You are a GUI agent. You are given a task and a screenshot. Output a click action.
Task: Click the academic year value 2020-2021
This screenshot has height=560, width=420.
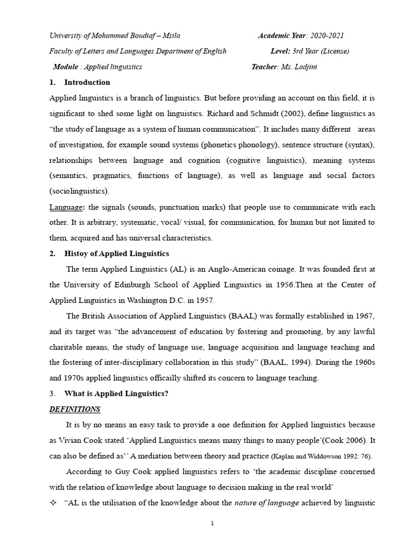[x=326, y=36]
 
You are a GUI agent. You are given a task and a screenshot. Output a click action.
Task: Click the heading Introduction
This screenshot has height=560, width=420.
[x=87, y=83]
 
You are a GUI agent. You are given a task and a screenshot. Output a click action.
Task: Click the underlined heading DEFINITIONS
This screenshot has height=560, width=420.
[x=74, y=409]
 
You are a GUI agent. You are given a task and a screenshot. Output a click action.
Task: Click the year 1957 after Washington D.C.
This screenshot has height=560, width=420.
[x=205, y=300]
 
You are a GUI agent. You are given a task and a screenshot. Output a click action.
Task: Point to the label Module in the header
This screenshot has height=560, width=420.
[x=66, y=67]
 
